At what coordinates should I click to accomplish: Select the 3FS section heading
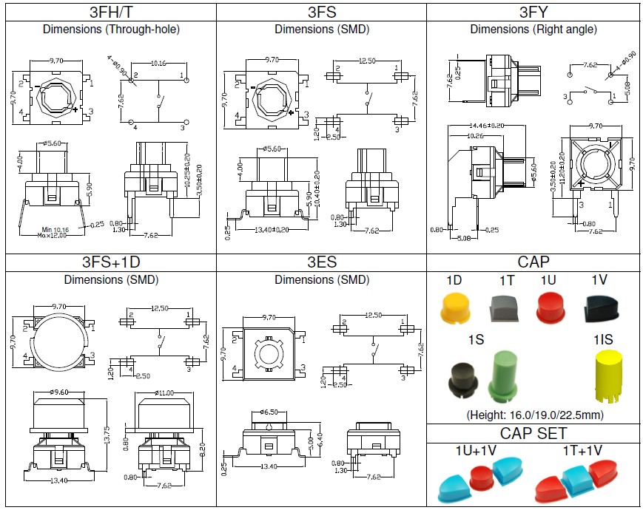tap(321, 12)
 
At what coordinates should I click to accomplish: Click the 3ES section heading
tap(321, 262)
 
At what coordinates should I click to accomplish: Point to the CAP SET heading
tap(533, 432)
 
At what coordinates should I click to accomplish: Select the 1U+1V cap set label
tap(481, 449)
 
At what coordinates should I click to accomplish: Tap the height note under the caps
tap(533, 415)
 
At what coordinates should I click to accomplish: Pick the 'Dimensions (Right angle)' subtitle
tap(533, 30)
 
